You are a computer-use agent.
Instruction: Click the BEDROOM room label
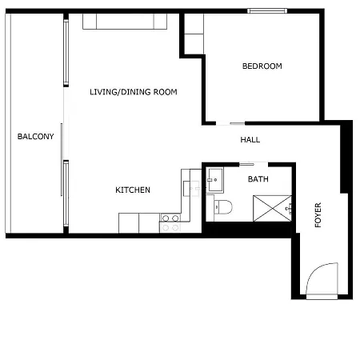pyautogui.click(x=262, y=66)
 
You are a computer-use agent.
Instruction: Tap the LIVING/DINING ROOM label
pyautogui.click(x=134, y=92)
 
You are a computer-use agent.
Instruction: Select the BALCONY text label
pyautogui.click(x=35, y=137)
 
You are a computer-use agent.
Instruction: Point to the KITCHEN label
pyautogui.click(x=133, y=190)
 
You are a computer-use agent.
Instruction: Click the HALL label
pyautogui.click(x=250, y=140)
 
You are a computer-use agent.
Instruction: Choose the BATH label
pyautogui.click(x=258, y=179)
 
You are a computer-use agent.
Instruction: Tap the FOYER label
pyautogui.click(x=318, y=215)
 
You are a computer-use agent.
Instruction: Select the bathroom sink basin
pyautogui.click(x=215, y=180)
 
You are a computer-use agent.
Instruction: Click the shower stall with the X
pyautogui.click(x=272, y=208)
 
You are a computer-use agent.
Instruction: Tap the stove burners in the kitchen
pyautogui.click(x=170, y=223)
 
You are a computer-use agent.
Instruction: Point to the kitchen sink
pyautogui.click(x=191, y=189)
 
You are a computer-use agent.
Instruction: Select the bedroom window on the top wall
pyautogui.click(x=267, y=11)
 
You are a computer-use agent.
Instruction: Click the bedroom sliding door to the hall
pyautogui.click(x=230, y=123)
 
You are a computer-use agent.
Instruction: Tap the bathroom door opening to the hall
pyautogui.click(x=254, y=164)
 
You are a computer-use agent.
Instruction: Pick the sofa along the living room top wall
pyautogui.click(x=125, y=22)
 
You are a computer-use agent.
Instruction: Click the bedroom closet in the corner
pyautogui.click(x=194, y=34)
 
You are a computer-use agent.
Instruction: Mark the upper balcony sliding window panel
pyautogui.click(x=66, y=53)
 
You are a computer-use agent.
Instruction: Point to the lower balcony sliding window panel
pyautogui.click(x=66, y=194)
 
